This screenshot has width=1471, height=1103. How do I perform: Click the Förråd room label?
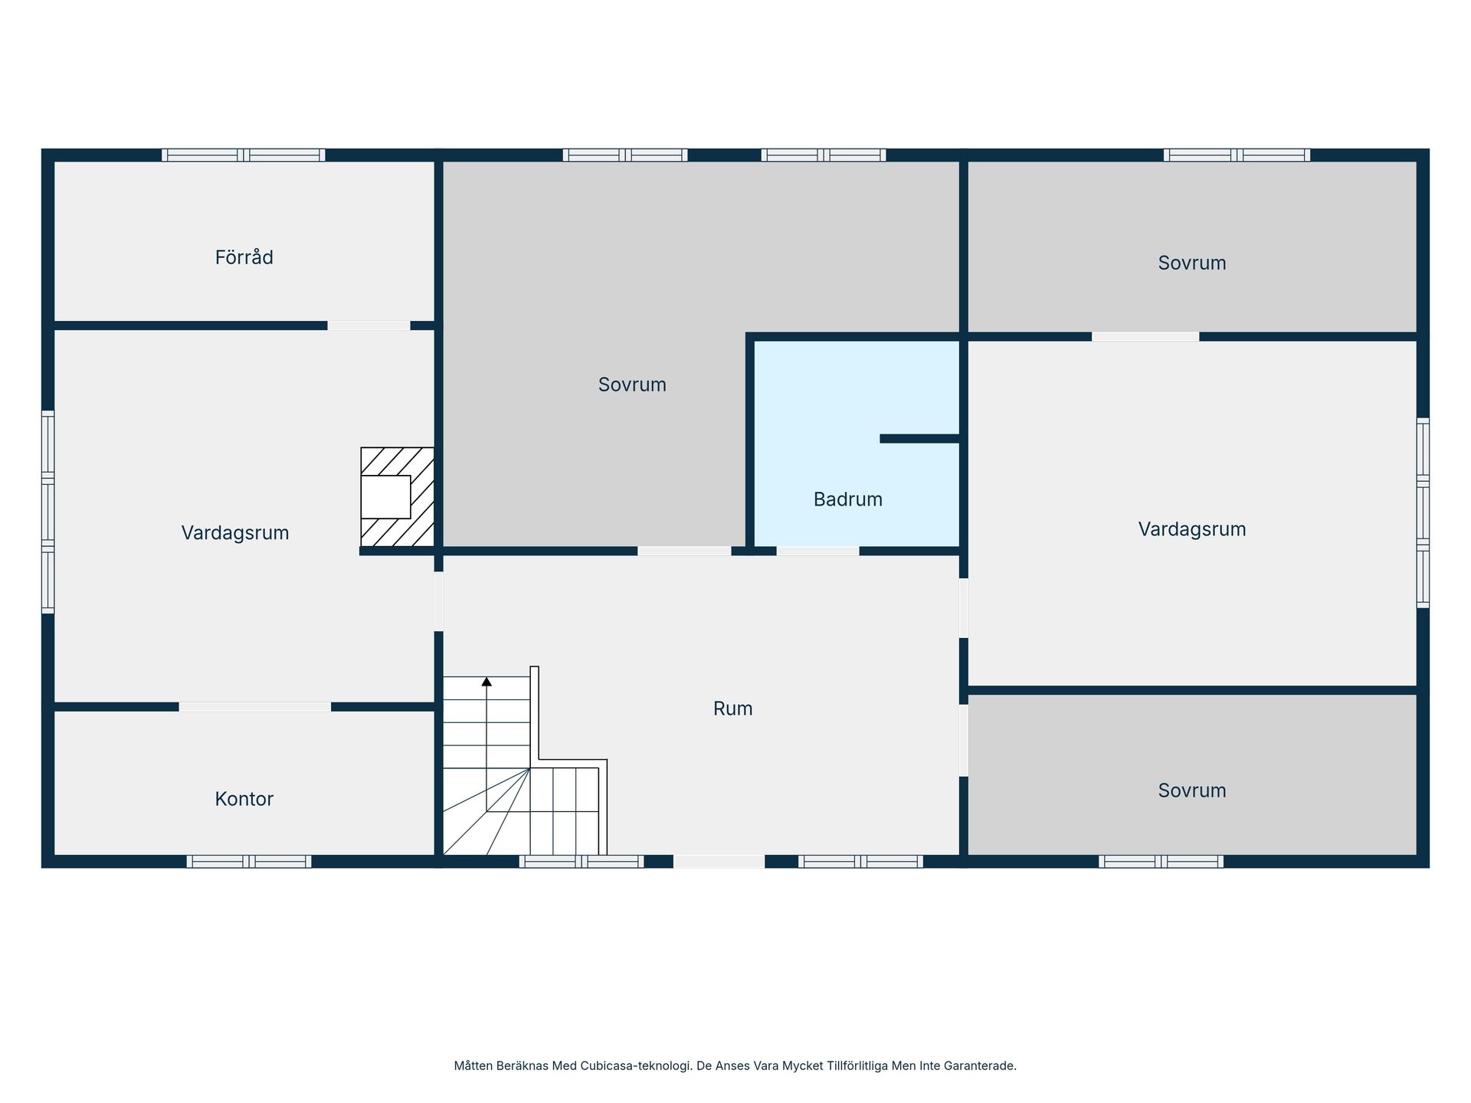point(244,257)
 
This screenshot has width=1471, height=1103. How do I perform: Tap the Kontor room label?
point(244,799)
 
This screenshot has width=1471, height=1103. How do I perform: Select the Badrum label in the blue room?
point(847,499)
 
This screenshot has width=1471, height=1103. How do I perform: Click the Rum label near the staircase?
point(732,709)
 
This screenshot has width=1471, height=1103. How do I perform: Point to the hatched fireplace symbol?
point(398,497)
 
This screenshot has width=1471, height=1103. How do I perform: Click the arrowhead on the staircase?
point(487,681)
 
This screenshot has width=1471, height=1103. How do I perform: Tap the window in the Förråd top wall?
point(244,155)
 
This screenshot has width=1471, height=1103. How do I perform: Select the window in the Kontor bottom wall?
point(249,861)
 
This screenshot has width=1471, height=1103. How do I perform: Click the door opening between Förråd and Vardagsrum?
point(369,326)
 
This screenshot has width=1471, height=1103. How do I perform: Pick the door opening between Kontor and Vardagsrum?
point(255,707)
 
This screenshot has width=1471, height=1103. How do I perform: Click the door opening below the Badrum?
point(817,551)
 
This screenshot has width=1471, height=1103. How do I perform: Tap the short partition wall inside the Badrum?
point(919,439)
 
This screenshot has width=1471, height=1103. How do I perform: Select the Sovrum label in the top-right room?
point(1192,263)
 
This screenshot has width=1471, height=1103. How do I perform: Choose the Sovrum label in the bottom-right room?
point(1192,790)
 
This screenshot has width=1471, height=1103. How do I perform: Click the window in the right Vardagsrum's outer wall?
point(1423,512)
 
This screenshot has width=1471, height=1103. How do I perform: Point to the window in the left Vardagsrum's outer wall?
point(48,512)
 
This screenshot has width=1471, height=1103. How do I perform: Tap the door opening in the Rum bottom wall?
point(719,861)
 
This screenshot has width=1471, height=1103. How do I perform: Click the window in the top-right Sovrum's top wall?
point(1237,155)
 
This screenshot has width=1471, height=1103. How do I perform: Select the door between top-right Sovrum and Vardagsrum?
point(1145,336)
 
